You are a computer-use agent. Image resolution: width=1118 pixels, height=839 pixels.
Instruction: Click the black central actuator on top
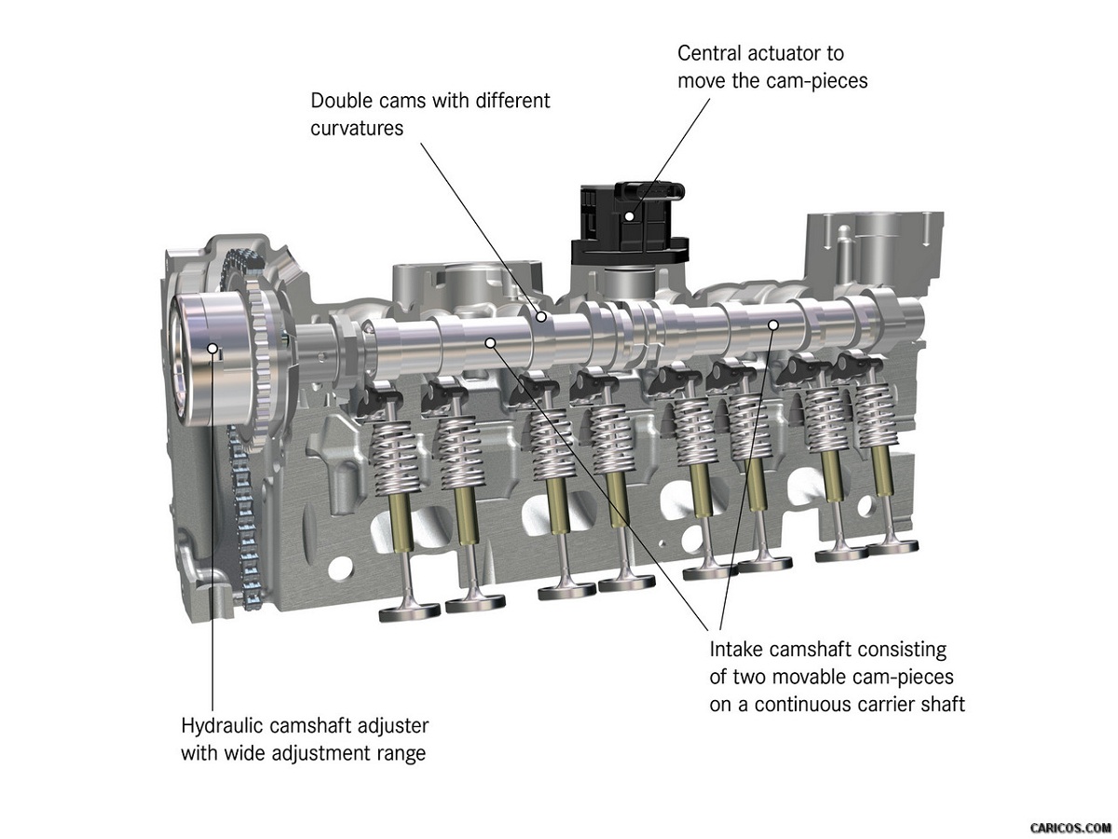click(x=630, y=224)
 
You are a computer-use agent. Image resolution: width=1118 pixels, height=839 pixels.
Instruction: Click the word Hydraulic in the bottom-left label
click(x=222, y=726)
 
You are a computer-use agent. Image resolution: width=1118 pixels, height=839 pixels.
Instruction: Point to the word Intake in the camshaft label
click(x=737, y=650)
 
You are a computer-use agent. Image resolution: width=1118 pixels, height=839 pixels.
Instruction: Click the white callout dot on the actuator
click(x=630, y=216)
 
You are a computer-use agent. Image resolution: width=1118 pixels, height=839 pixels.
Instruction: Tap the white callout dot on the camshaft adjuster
click(x=213, y=348)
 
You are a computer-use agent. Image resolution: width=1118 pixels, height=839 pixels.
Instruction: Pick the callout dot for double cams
click(x=541, y=317)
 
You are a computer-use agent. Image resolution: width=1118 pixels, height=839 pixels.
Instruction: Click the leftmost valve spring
click(x=396, y=458)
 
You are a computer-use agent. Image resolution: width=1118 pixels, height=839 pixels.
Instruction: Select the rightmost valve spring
click(x=875, y=414)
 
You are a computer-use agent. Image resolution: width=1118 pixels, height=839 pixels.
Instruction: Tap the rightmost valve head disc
click(x=892, y=547)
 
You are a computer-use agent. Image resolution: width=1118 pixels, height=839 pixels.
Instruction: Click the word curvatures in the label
click(x=357, y=129)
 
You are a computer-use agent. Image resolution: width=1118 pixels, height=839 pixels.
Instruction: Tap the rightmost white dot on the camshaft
click(x=773, y=324)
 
